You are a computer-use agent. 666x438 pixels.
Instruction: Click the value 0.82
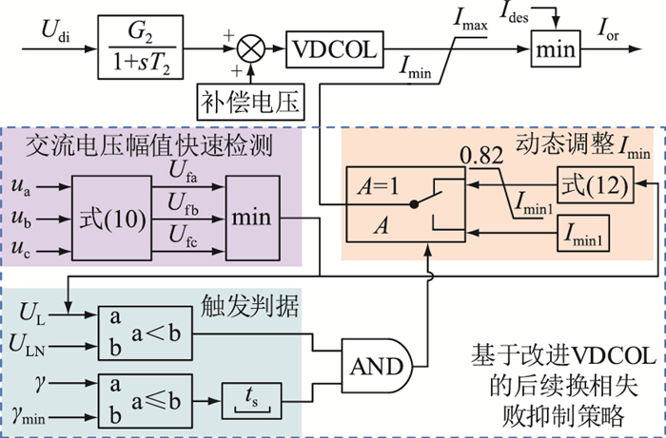(481, 156)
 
